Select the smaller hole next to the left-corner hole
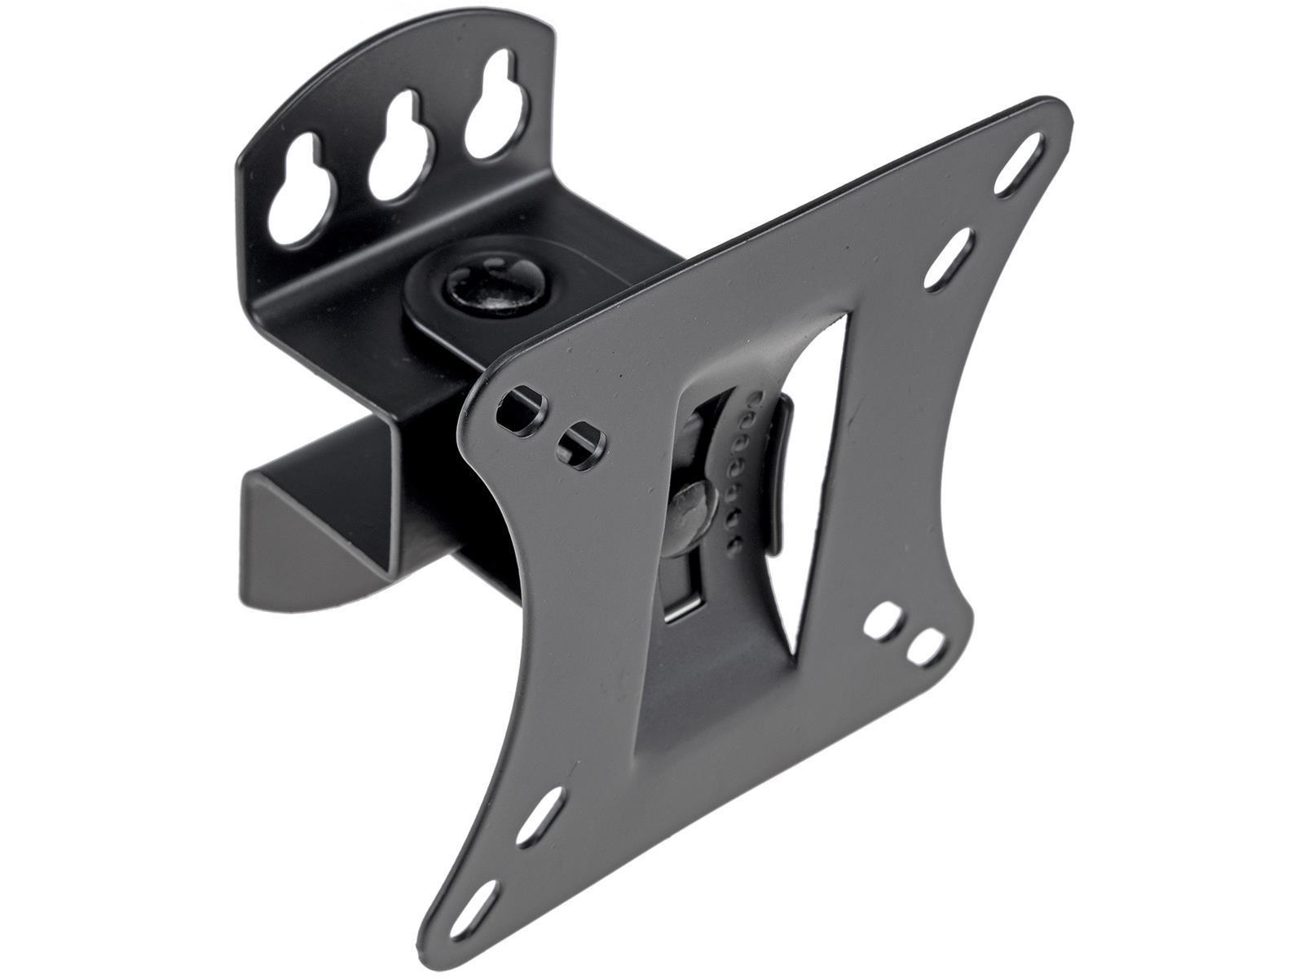(579, 440)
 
